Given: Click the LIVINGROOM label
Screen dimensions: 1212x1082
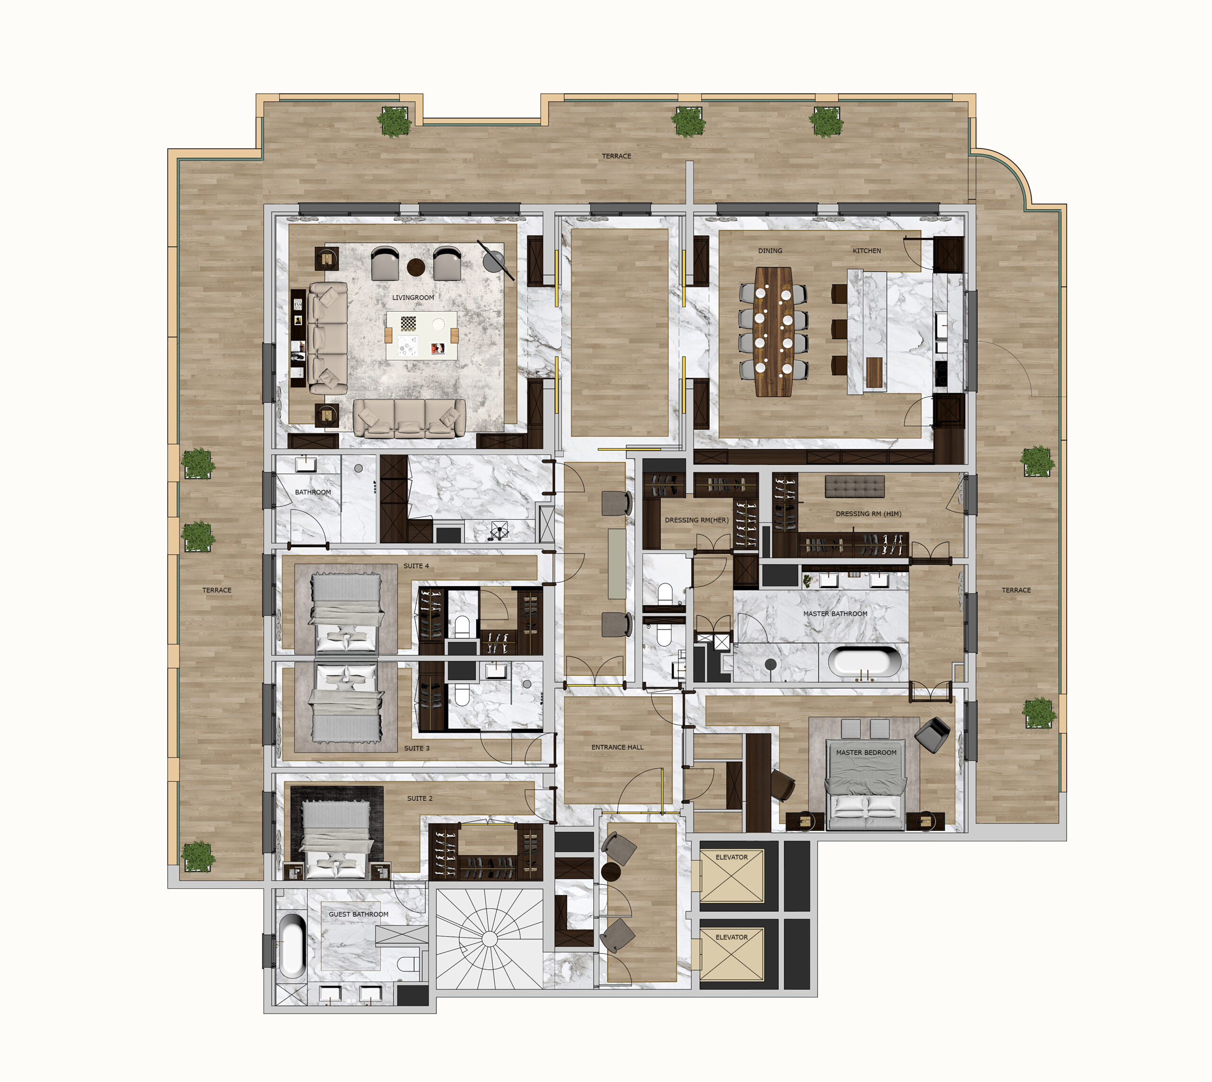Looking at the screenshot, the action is coord(413,297).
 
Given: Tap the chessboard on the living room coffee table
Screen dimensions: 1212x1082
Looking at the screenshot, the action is coord(409,323).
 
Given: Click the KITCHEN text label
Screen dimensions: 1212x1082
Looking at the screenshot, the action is coord(867,251).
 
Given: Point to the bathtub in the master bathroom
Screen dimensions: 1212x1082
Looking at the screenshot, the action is coord(865,662).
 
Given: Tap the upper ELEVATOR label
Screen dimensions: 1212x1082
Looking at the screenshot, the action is coord(732,857).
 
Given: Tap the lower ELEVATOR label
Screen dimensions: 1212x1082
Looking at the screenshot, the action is coord(732,937).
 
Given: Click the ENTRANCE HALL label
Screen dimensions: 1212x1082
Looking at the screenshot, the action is coord(617,747).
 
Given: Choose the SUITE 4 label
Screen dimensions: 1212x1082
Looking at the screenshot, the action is coord(416,566).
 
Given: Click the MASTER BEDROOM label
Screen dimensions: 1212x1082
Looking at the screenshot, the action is coord(866,752).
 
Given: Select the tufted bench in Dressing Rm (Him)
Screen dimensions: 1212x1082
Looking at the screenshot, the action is coord(855,486).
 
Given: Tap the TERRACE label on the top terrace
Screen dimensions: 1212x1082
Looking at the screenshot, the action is coord(616,156).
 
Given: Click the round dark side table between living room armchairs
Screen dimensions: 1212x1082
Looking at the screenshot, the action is coord(416,267).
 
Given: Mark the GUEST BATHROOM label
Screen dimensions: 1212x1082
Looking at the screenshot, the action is coord(358,914).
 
